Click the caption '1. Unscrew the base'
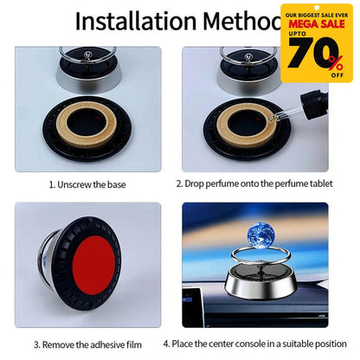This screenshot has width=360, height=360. point(89,183)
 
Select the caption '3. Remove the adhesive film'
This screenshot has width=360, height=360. point(89,344)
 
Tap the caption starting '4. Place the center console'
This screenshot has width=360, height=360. point(267,344)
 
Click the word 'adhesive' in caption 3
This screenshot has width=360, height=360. point(104,344)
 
